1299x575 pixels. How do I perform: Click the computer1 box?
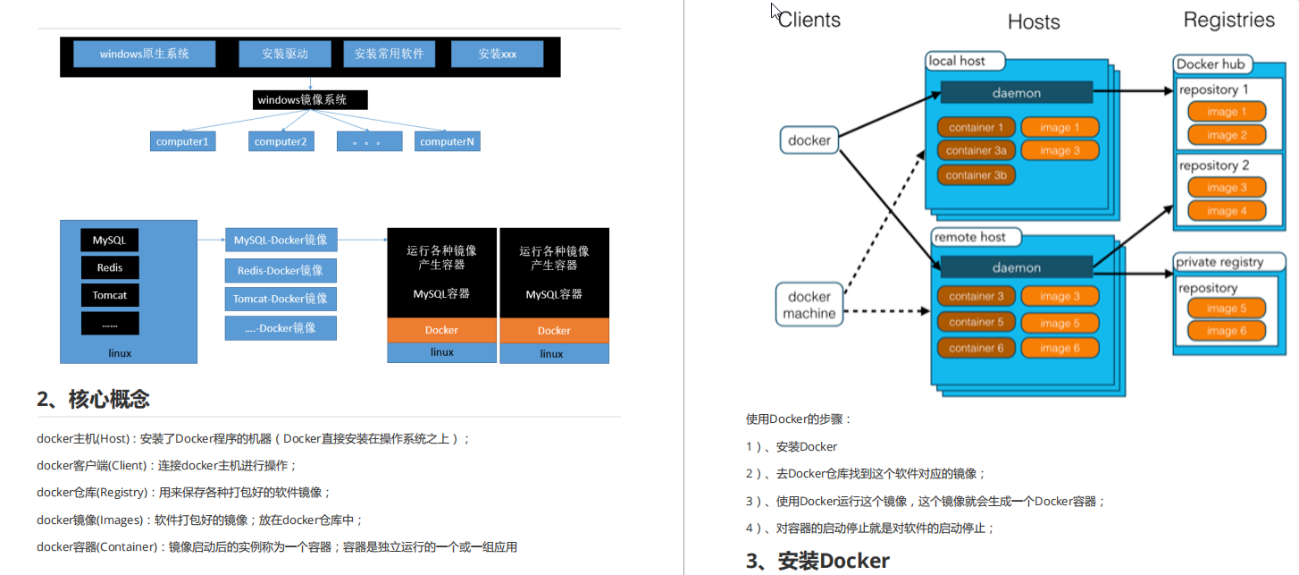click(x=182, y=141)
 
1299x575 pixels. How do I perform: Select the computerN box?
click(x=447, y=141)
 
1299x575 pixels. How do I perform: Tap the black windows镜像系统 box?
click(x=310, y=99)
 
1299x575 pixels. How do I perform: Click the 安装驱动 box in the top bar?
click(x=285, y=54)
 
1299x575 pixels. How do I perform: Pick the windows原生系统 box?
click(x=145, y=54)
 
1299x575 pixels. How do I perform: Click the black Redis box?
click(x=110, y=267)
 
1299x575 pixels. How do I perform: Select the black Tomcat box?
click(x=110, y=295)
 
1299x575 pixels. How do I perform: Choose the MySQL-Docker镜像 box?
click(x=281, y=240)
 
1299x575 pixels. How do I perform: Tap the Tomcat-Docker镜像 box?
click(x=281, y=299)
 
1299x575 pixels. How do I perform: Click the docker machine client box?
click(x=809, y=305)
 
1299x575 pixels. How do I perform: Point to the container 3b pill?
click(x=976, y=174)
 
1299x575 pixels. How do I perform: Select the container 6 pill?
click(x=976, y=348)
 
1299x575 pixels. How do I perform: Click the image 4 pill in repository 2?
click(x=1227, y=211)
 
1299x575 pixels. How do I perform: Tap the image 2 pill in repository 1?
click(x=1227, y=135)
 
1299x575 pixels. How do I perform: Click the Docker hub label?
click(x=1211, y=63)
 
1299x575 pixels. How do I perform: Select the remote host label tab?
click(x=976, y=237)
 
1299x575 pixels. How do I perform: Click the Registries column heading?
click(x=1228, y=20)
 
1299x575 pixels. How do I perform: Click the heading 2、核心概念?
click(x=94, y=399)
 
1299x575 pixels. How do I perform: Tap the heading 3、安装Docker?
click(x=817, y=561)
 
